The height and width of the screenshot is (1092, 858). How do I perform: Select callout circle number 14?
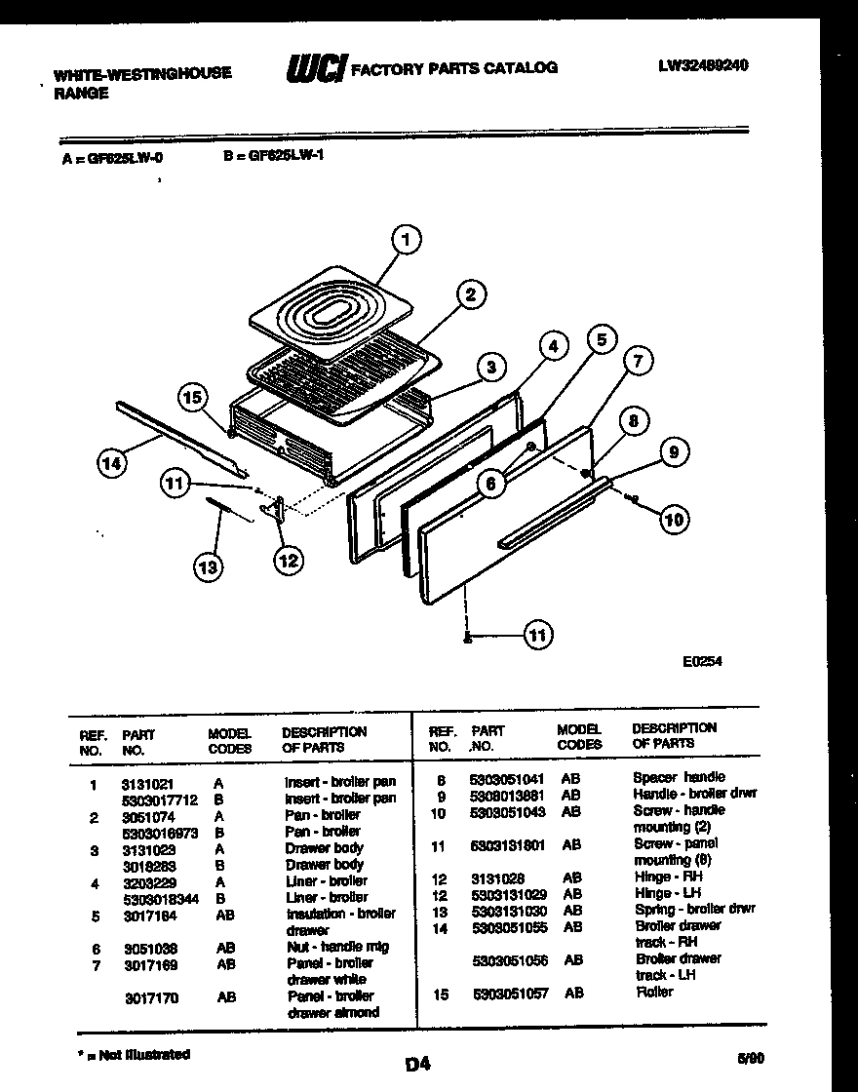point(114,464)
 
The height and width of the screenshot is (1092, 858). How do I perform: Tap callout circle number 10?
point(674,520)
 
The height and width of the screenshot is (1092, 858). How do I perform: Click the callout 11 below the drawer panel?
point(535,636)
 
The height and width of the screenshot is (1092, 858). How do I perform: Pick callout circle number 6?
point(491,482)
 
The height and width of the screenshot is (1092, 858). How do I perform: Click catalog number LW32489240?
point(703,65)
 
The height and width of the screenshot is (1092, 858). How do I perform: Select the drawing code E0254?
point(703,661)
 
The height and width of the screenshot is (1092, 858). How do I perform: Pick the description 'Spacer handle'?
point(679,777)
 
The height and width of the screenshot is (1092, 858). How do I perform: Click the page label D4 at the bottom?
point(417,1064)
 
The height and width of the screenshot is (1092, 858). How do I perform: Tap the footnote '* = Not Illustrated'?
point(134,1054)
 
